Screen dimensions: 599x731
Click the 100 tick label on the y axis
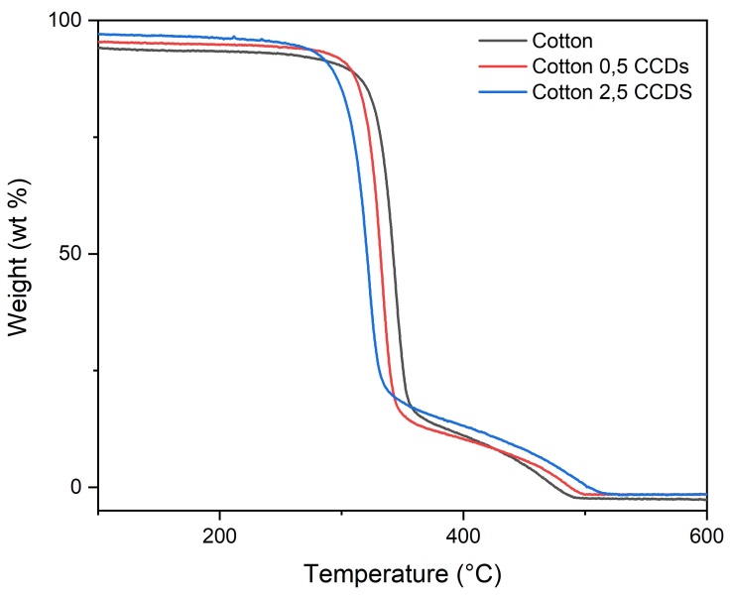(x=68, y=21)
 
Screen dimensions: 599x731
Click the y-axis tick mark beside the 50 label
(x=102, y=254)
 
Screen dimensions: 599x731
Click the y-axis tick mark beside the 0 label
(x=102, y=487)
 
